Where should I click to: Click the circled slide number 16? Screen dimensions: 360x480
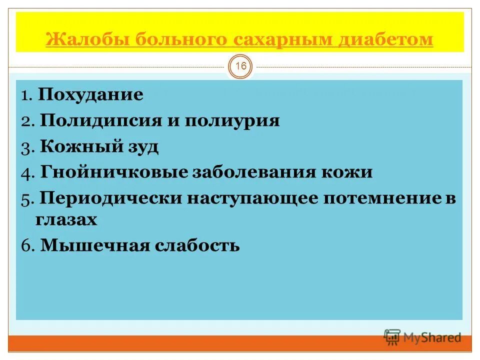point(241,66)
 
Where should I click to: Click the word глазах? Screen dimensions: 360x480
point(66,219)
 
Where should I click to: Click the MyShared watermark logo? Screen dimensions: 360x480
point(423,337)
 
